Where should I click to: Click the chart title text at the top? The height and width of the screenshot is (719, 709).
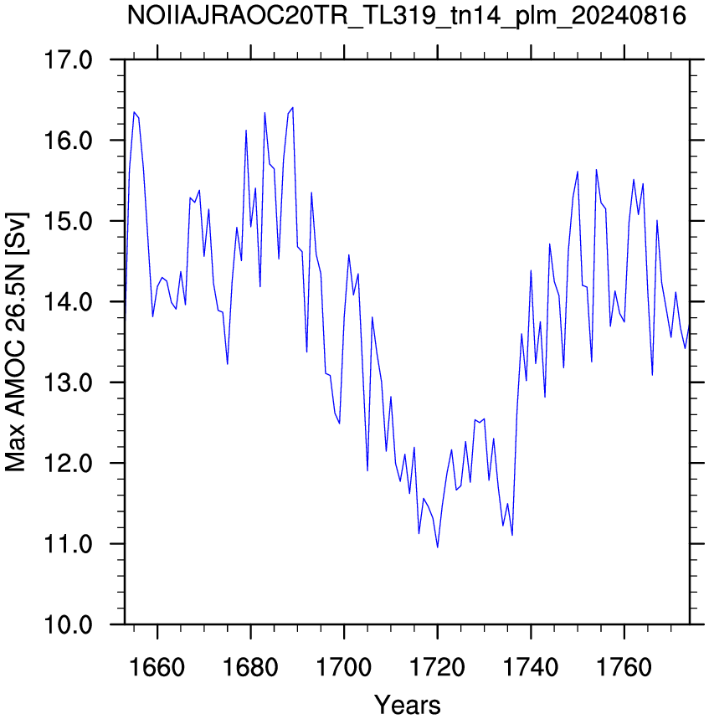(x=406, y=17)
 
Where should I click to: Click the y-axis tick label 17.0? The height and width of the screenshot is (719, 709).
(x=68, y=60)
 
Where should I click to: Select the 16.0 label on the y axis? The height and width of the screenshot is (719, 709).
(x=68, y=141)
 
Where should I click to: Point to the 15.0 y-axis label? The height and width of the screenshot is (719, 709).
(x=68, y=221)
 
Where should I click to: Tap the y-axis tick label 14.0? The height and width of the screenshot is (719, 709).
(x=68, y=301)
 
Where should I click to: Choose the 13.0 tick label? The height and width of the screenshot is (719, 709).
(x=68, y=383)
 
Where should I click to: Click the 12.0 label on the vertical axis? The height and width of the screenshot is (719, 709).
(x=68, y=463)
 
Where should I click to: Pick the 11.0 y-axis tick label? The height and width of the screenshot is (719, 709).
(x=68, y=544)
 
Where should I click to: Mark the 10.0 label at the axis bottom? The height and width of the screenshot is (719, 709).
(x=68, y=624)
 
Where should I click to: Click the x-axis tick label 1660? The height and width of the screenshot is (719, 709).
(x=157, y=667)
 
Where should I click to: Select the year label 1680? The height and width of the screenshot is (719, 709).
(x=250, y=667)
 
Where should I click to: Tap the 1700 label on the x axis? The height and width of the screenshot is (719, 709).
(x=344, y=667)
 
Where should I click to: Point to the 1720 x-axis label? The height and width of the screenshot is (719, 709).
(x=438, y=667)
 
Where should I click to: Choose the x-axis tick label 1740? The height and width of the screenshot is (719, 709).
(x=531, y=667)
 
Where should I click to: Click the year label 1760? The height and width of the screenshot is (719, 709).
(x=624, y=667)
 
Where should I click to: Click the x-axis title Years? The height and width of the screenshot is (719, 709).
(x=408, y=705)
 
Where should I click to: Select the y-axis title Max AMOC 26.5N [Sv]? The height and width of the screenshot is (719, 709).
(x=17, y=342)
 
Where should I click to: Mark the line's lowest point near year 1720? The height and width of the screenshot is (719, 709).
(x=438, y=547)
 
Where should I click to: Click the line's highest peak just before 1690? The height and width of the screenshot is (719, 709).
(x=293, y=108)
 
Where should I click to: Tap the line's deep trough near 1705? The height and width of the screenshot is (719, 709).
(x=367, y=470)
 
